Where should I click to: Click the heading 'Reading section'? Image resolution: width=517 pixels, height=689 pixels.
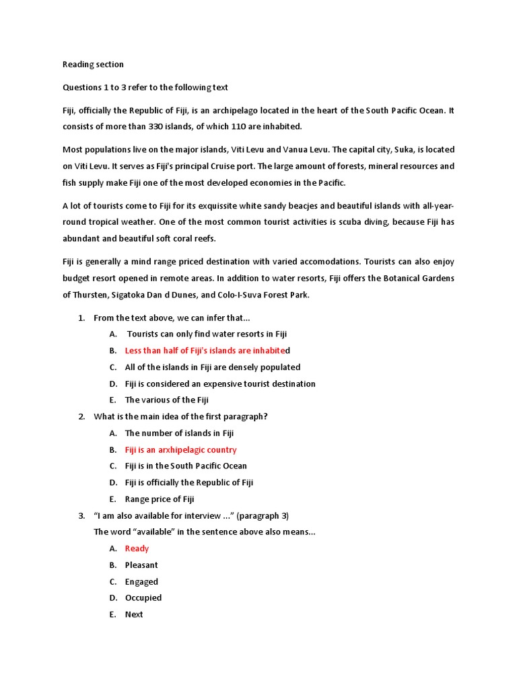pyautogui.click(x=93, y=65)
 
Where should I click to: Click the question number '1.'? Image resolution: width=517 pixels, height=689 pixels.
pyautogui.click(x=81, y=318)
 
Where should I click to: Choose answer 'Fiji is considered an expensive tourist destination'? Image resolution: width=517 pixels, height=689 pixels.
pyautogui.click(x=220, y=384)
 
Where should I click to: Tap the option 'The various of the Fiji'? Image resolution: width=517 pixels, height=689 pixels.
pyautogui.click(x=167, y=400)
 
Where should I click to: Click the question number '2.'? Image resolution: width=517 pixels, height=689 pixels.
pyautogui.click(x=81, y=416)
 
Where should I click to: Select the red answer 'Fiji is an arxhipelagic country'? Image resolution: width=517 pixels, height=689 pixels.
pyautogui.click(x=180, y=449)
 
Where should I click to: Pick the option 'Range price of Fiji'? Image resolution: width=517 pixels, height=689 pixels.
pyautogui.click(x=160, y=499)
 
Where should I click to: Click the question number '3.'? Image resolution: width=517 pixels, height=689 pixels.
pyautogui.click(x=81, y=515)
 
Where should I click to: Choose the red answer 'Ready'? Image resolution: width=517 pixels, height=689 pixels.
pyautogui.click(x=137, y=548)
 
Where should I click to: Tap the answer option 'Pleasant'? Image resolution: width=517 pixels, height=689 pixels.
pyautogui.click(x=141, y=565)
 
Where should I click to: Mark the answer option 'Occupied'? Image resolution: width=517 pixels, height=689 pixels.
pyautogui.click(x=143, y=597)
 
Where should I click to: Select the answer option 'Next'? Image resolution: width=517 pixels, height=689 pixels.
pyautogui.click(x=134, y=614)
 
